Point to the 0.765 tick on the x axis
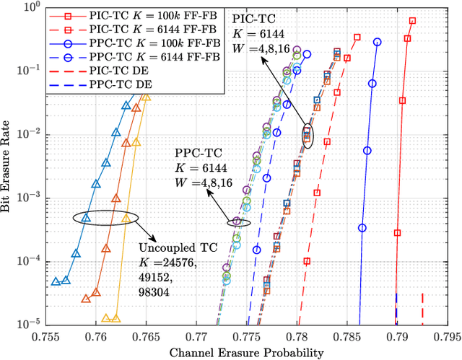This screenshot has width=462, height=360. click(x=147, y=338)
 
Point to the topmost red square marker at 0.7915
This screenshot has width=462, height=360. click(x=412, y=21)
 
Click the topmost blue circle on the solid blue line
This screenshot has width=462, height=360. click(x=377, y=42)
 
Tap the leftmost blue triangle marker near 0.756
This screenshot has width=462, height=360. click(x=56, y=281)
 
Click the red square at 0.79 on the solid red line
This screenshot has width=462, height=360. click(x=397, y=232)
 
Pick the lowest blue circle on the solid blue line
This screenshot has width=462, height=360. click(x=362, y=228)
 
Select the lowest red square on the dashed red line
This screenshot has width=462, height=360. click(x=307, y=261)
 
